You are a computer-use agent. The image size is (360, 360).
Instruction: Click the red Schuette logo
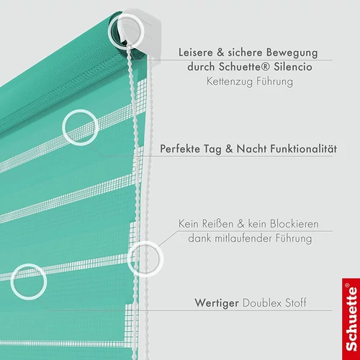pos(351,319)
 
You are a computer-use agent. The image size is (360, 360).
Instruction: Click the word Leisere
pos(196,53)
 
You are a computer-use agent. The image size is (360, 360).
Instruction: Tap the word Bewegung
pos(292,53)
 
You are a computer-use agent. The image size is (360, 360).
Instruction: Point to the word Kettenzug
pos(230,81)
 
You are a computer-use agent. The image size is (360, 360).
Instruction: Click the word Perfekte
pos(180,149)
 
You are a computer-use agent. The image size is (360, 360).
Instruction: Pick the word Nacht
pos(251,149)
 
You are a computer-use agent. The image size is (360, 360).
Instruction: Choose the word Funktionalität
pos(304,149)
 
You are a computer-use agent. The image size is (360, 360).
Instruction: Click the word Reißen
pos(217,224)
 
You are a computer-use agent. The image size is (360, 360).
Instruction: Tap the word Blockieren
pos(294,224)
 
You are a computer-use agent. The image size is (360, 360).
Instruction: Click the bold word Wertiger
pos(217,303)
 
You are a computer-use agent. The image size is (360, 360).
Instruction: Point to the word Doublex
pos(262,303)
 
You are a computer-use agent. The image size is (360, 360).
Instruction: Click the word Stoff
pos(296,303)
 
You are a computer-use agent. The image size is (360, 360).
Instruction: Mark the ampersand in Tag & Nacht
pos(229,149)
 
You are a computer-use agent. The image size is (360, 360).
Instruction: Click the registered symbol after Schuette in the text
pos(265,66)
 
